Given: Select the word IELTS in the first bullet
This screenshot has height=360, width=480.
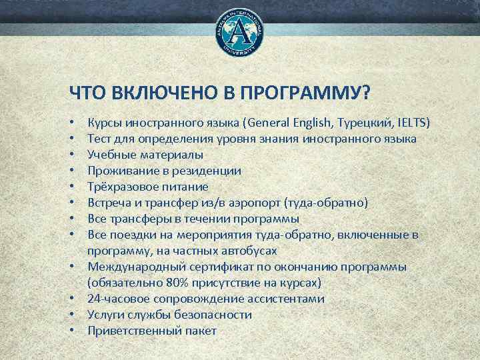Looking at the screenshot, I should click(x=415, y=123).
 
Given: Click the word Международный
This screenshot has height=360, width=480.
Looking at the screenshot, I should click(x=131, y=267).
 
